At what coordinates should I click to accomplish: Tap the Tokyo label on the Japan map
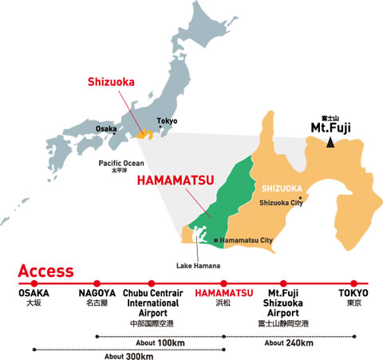pyautogui.click(x=167, y=121)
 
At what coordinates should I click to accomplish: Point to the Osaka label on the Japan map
pyautogui.click(x=106, y=128)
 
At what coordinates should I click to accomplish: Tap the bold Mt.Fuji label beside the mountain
pyautogui.click(x=330, y=127)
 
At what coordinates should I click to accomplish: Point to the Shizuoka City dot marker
pyautogui.click(x=300, y=197)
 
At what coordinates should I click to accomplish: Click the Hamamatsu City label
pyautogui.click(x=247, y=239)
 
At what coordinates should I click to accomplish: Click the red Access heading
pyautogui.click(x=45, y=271)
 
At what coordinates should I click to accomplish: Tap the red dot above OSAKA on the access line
pyautogui.click(x=34, y=283)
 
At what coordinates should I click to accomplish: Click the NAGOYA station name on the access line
pyautogui.click(x=97, y=294)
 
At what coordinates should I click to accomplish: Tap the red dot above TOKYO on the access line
pyautogui.click(x=352, y=283)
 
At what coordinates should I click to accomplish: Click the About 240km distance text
pyautogui.click(x=288, y=343)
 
